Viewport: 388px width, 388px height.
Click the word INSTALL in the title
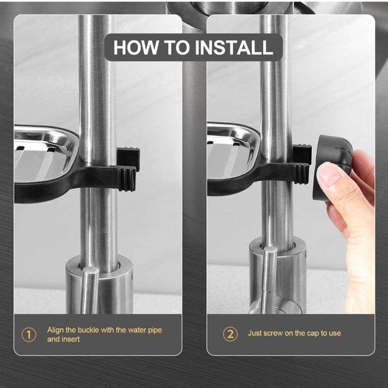point(234,47)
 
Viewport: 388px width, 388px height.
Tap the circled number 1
point(29,335)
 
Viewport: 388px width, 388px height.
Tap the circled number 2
point(230,334)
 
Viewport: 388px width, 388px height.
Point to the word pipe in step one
point(155,331)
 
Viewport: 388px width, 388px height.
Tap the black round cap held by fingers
point(332,167)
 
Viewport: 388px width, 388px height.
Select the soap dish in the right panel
point(233,150)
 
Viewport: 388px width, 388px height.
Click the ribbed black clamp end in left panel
point(127,178)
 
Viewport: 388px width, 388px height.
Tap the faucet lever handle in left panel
point(90,290)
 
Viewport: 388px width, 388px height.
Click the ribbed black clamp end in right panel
point(301,174)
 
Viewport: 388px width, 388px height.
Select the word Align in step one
point(56,330)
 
